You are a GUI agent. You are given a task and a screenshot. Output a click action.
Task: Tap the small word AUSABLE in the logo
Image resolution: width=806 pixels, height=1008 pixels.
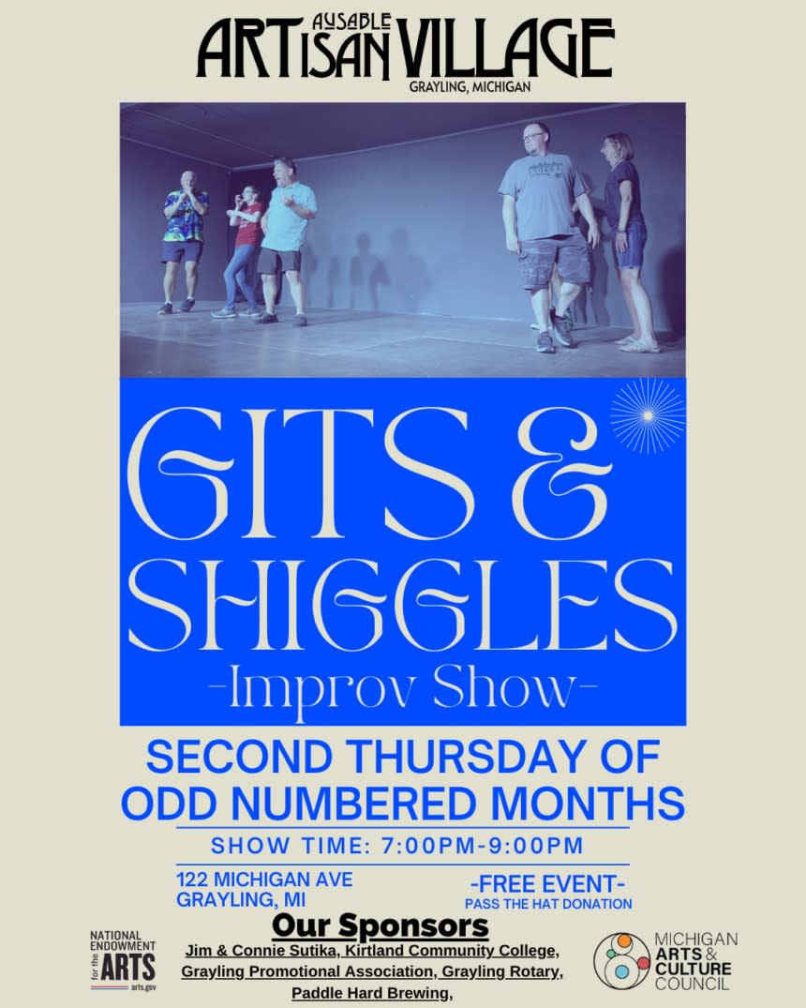tap(351, 23)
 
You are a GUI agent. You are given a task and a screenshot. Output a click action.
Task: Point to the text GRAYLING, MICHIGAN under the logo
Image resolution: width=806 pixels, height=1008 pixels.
tap(470, 86)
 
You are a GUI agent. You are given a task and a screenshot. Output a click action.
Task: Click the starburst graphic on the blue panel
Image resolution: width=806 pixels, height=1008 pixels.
tap(648, 416)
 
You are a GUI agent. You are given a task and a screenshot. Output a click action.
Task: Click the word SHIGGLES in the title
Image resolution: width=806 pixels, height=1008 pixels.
tap(402, 605)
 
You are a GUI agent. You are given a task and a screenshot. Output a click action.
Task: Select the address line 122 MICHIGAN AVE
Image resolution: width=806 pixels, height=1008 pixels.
tap(265, 879)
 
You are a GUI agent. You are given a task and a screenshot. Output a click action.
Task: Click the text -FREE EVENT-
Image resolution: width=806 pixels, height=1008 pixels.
tap(548, 884)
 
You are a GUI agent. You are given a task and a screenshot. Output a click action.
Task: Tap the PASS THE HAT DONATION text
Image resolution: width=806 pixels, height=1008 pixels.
tap(548, 904)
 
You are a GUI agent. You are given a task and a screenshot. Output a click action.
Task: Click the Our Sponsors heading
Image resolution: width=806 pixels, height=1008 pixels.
tap(380, 926)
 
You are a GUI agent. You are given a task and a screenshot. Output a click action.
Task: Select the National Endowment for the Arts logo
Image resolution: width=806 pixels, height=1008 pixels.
tap(123, 961)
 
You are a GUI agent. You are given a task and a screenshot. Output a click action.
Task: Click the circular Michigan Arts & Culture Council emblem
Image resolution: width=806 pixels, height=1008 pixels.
tap(621, 960)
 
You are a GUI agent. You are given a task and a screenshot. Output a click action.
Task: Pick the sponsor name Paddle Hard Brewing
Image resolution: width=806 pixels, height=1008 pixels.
tap(371, 993)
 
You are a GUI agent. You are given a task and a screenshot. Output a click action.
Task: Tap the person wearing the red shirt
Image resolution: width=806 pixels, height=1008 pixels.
tap(243, 250)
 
